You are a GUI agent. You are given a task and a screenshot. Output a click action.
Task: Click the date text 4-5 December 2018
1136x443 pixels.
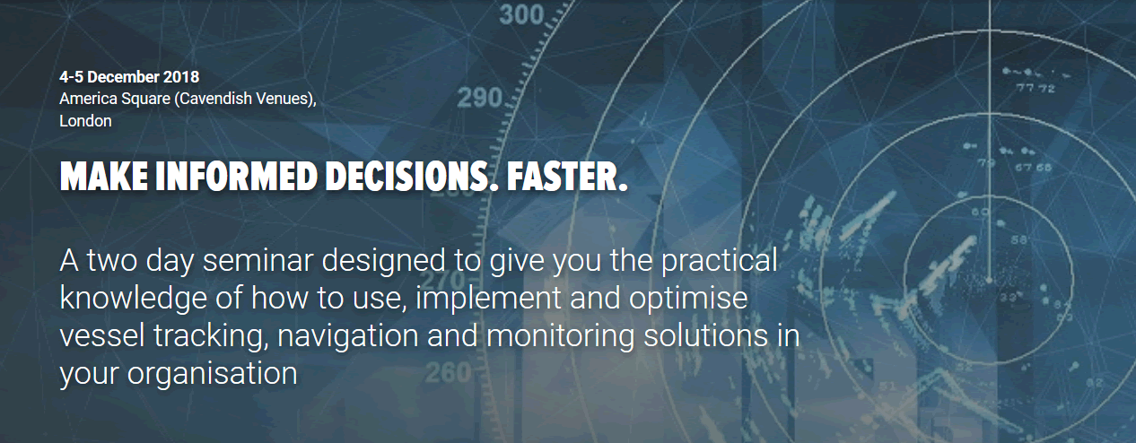pos(129,77)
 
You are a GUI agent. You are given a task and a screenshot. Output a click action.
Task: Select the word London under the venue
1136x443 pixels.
pos(85,121)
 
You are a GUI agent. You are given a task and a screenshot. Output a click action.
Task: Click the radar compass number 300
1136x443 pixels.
pos(520,14)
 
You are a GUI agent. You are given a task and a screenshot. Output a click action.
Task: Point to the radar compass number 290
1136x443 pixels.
pos(480,98)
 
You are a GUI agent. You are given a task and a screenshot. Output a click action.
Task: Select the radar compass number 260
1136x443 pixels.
pos(449,373)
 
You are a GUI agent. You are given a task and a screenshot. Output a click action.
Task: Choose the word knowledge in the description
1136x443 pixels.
pos(133,299)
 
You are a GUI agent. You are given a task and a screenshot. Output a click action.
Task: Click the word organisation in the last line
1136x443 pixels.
pos(212,375)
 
